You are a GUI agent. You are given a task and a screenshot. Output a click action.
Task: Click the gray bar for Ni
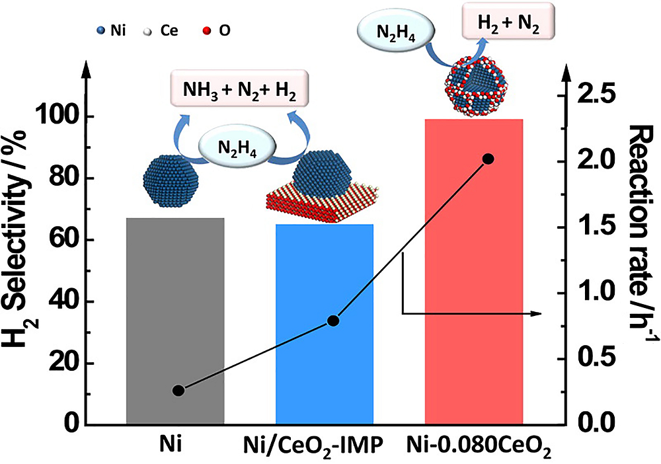point(175,317)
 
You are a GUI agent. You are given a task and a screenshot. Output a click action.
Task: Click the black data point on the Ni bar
point(178,390)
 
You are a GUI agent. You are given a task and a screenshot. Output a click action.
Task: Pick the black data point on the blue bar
point(333,321)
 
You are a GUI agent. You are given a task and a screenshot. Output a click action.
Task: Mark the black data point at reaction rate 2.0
point(488,159)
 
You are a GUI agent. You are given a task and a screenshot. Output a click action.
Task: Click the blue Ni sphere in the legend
point(100,30)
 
